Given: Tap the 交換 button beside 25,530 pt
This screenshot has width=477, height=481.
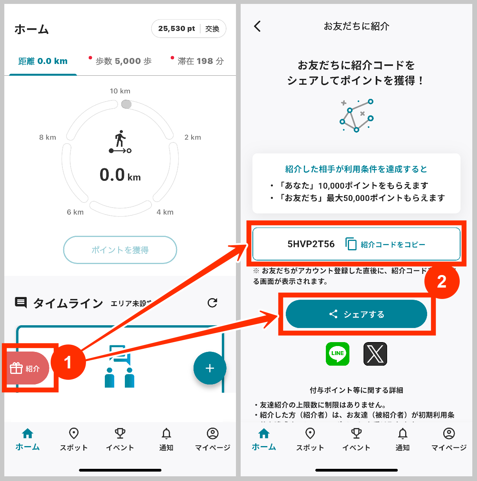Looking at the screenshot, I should pyautogui.click(x=212, y=29).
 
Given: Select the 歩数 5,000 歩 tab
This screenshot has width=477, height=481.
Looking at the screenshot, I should pyautogui.click(x=123, y=61).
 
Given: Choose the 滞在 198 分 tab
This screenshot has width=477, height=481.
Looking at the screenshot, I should pyautogui.click(x=200, y=61).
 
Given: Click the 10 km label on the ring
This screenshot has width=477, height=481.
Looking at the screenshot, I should pyautogui.click(x=120, y=91).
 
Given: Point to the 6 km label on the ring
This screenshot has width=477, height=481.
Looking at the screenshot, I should pyautogui.click(x=75, y=212).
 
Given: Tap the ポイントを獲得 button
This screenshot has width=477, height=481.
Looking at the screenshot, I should pyautogui.click(x=120, y=250).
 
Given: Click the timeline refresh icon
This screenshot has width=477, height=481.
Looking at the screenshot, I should pyautogui.click(x=212, y=302).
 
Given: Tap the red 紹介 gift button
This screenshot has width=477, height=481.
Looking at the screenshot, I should pyautogui.click(x=26, y=368).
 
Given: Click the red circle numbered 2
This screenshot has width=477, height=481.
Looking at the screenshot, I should pyautogui.click(x=442, y=282).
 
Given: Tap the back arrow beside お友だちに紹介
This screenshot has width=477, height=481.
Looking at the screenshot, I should pyautogui.click(x=258, y=26).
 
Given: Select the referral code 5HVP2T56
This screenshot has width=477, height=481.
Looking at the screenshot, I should pyautogui.click(x=311, y=244).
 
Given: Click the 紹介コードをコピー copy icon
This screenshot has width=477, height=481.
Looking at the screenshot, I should pyautogui.click(x=351, y=244).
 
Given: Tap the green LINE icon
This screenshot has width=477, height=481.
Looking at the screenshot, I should pyautogui.click(x=337, y=353).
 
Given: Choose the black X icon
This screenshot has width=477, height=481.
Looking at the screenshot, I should pyautogui.click(x=375, y=353).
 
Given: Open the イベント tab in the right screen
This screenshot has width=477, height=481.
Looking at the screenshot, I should pyautogui.click(x=356, y=439).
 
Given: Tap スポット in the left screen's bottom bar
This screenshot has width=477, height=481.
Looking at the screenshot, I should pyautogui.click(x=73, y=439).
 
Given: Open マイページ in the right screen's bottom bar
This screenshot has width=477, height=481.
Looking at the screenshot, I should pyautogui.click(x=449, y=439).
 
